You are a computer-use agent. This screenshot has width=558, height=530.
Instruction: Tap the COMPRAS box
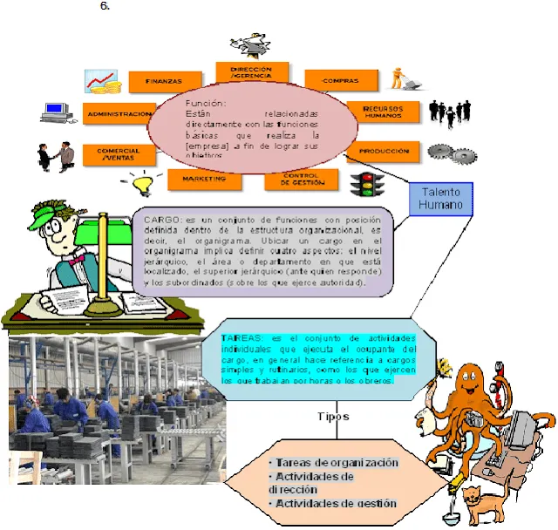pos(341,80)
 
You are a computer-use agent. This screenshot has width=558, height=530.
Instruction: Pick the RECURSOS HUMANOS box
pos(383,112)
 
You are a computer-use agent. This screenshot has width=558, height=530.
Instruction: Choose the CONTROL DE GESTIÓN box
pos(300,179)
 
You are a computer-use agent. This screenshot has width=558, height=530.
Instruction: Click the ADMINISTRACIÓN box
pos(119,113)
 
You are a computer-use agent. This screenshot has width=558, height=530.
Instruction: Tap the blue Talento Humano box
pos(440,199)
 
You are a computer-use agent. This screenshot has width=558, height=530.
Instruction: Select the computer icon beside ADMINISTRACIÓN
pos(58,112)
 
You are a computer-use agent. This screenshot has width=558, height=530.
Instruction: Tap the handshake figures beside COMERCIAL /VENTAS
pos(54,155)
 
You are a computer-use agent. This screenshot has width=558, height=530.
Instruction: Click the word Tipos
pos(335,416)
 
